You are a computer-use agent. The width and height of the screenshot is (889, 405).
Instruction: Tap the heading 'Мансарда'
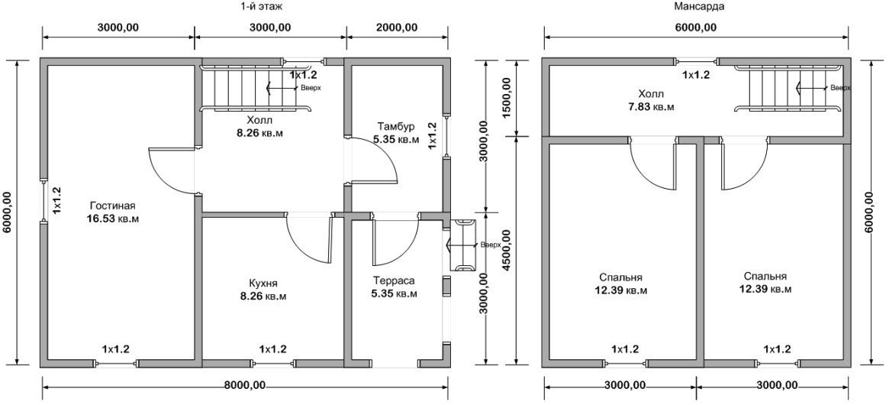click(x=699, y=7)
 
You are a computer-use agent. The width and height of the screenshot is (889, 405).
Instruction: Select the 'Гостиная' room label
click(x=113, y=206)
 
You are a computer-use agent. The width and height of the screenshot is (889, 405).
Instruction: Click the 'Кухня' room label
click(x=263, y=283)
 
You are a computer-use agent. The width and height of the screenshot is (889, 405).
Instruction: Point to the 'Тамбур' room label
click(x=396, y=126)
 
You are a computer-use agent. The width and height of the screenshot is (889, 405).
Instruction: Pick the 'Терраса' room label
click(x=394, y=280)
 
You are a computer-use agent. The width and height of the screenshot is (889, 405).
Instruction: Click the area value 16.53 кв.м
click(x=113, y=219)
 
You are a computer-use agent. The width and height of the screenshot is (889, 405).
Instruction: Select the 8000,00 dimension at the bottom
click(x=244, y=386)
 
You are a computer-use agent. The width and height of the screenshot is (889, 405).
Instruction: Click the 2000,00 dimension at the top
click(x=397, y=27)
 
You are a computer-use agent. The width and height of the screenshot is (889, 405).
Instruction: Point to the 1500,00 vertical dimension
click(x=506, y=98)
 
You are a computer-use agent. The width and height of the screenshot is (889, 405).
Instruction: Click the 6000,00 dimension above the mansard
click(x=696, y=27)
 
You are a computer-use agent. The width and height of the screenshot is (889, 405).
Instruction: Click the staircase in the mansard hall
click(x=789, y=87)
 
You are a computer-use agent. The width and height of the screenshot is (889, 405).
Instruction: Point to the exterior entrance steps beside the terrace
click(x=463, y=245)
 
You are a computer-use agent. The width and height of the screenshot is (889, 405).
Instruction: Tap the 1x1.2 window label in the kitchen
click(x=272, y=348)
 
